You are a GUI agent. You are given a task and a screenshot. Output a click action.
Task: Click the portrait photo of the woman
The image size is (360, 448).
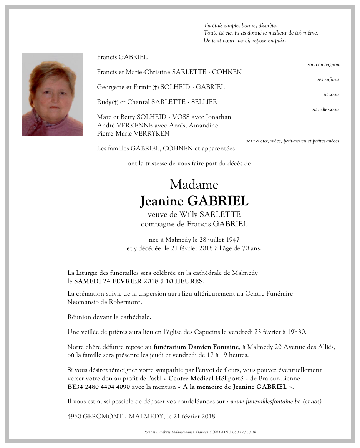coord(52,94)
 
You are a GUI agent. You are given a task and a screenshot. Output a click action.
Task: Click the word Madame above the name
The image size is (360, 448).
coord(194,185)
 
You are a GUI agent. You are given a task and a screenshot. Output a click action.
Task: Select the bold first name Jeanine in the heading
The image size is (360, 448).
coord(161,201)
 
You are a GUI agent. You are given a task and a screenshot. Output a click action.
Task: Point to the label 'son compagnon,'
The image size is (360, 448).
coord(324,64)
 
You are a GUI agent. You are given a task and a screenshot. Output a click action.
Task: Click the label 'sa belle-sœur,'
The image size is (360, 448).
coord(326,109)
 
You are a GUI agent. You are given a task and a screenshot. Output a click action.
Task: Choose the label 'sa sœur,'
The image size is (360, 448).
coord(332,94)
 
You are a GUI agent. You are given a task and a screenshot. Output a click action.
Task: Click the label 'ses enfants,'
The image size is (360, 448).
coord(329,79)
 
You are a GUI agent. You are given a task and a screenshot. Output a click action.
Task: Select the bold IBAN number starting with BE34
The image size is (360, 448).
coord(99,387)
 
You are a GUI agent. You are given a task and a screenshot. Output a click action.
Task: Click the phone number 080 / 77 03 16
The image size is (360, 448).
coord(244,432)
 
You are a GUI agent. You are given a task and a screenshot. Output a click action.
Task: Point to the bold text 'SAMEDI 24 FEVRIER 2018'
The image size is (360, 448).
coord(114,281)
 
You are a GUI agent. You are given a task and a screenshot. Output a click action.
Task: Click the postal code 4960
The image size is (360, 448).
coord(74,416)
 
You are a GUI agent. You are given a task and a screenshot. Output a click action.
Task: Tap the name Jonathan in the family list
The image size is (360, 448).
coord(219,117)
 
